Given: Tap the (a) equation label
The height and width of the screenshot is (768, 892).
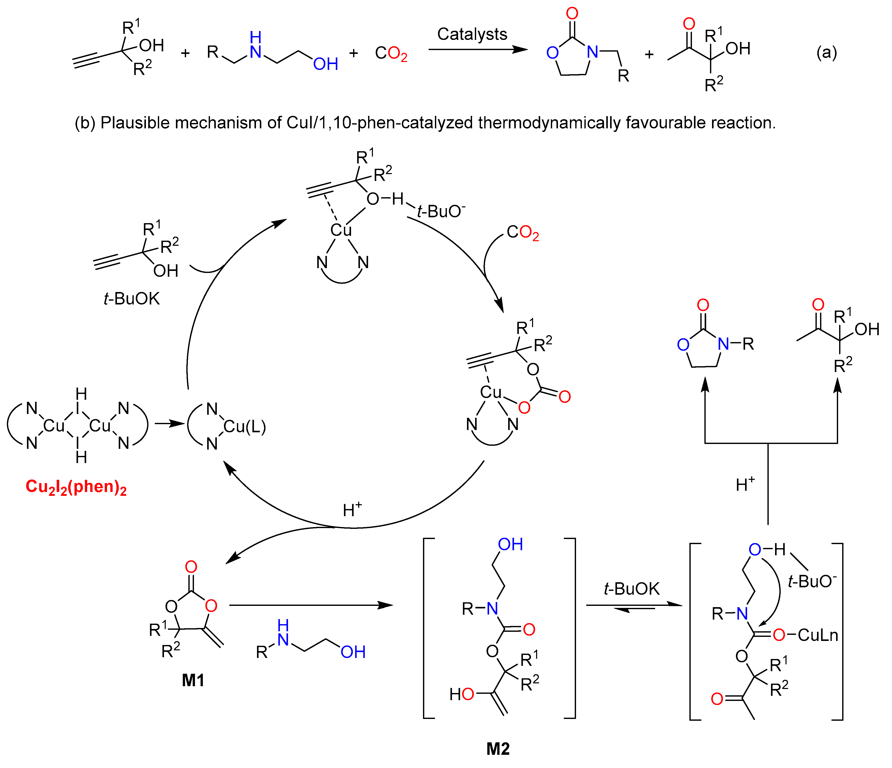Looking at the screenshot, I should pyautogui.click(x=827, y=53).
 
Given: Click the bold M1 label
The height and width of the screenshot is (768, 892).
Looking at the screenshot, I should pyautogui.click(x=193, y=680).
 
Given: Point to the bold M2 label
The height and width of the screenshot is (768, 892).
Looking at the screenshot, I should pyautogui.click(x=498, y=749).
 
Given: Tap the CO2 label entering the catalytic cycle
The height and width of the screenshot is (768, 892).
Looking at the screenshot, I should pyautogui.click(x=522, y=233).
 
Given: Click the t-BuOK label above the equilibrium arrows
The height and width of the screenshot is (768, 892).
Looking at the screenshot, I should pyautogui.click(x=631, y=589).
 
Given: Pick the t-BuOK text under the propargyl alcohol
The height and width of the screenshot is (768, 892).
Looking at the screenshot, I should pyautogui.click(x=131, y=298).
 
